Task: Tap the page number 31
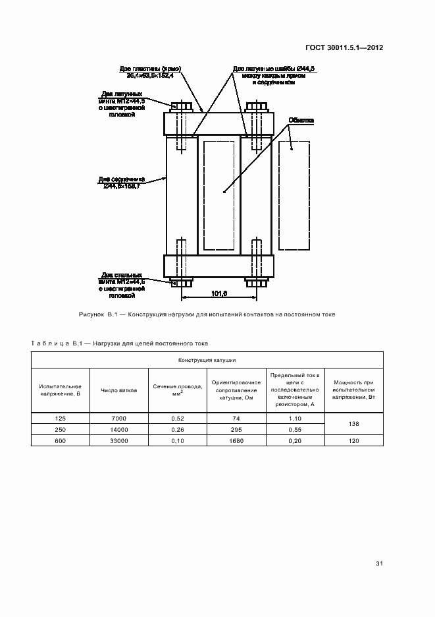[x=379, y=564]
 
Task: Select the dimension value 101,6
[x=220, y=293]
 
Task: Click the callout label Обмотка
[x=301, y=121]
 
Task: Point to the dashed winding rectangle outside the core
[x=295, y=196]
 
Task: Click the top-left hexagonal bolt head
[x=181, y=106]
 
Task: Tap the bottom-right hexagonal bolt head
[x=255, y=283]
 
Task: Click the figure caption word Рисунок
[x=91, y=314]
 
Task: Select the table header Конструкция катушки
[x=207, y=361]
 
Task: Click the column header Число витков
[x=118, y=390]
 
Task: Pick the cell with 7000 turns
[x=118, y=419]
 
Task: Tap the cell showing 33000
[x=118, y=440]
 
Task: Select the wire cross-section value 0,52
[x=177, y=419]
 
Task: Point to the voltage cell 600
[x=60, y=440]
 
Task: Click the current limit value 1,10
[x=295, y=419]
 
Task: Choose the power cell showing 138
[x=354, y=424]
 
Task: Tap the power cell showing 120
[x=354, y=440]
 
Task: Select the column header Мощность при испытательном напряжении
[x=354, y=390]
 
